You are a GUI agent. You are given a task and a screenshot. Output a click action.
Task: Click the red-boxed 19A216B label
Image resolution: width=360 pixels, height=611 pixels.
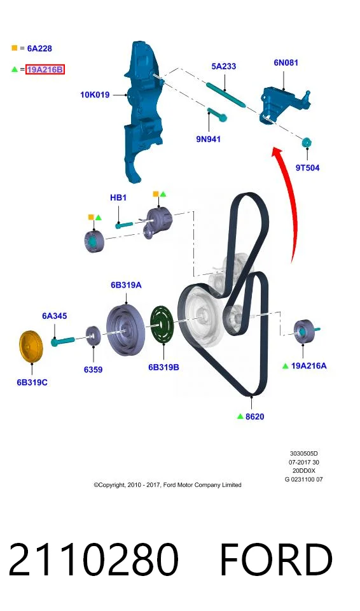coord(45,70)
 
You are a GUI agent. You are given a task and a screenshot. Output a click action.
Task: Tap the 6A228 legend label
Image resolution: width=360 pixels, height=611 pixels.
coord(39,48)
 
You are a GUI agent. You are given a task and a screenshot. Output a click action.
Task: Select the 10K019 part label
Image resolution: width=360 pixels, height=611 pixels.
coord(95,95)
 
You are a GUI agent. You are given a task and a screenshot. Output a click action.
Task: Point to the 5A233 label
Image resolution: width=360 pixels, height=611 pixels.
coord(224,66)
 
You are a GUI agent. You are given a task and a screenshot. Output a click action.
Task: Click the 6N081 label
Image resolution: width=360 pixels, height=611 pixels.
coord(286,62)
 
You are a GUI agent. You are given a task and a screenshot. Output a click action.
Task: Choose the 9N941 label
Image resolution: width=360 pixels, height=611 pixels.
coord(209,139)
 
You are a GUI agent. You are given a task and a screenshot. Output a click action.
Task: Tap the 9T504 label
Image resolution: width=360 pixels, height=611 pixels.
coord(307,168)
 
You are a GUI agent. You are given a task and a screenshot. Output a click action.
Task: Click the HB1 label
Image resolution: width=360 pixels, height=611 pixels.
coord(118,197)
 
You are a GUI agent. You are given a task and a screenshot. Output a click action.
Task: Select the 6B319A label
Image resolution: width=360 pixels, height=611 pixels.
coord(126,285)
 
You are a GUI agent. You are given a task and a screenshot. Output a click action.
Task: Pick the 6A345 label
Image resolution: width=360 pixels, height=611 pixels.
coord(55,316)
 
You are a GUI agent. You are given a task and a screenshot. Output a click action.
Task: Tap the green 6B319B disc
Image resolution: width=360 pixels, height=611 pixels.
coord(162,325)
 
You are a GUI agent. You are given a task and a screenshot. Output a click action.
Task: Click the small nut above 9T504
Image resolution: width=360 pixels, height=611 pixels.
coord(307,143)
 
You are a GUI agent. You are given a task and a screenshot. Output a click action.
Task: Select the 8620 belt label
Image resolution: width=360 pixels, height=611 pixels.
coord(255,416)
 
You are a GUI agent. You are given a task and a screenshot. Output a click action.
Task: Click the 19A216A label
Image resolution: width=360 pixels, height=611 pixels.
coord(309,366)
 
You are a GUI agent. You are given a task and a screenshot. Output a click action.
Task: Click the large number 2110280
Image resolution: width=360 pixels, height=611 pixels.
coord(93,559)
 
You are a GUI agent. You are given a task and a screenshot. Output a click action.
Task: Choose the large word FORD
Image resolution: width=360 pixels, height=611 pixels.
coord(276,559)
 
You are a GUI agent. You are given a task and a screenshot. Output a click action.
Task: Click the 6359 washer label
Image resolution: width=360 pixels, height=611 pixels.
coord(93,369)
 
